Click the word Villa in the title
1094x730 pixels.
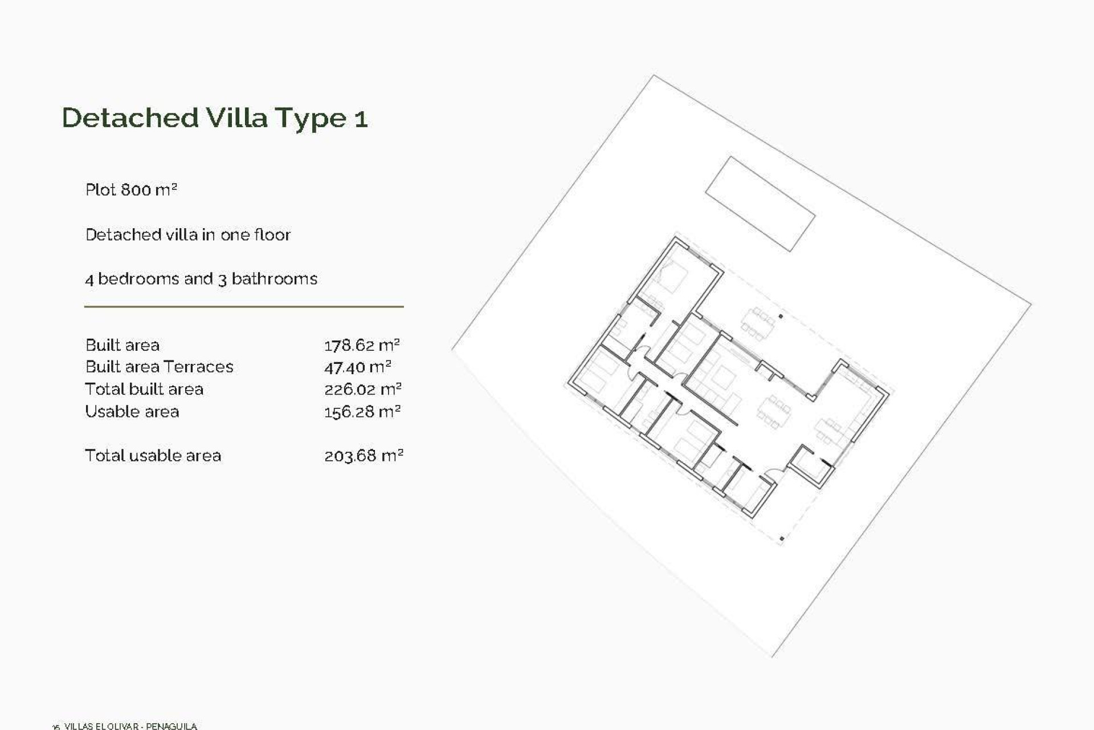click(x=236, y=118)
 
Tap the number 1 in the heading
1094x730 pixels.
click(x=361, y=119)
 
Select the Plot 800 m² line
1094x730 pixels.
click(x=131, y=190)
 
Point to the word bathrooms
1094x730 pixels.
click(x=274, y=279)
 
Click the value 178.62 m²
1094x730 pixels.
click(x=362, y=345)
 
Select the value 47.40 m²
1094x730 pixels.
click(x=357, y=367)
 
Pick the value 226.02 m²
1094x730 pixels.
click(x=363, y=390)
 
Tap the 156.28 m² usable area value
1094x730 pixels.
click(x=362, y=412)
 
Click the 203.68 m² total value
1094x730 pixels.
click(x=364, y=456)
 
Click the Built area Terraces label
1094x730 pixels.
click(x=159, y=367)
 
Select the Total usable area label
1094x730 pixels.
click(x=153, y=456)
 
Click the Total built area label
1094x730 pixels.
click(x=144, y=390)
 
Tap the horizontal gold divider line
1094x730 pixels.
click(x=244, y=307)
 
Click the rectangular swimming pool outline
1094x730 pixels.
click(x=760, y=204)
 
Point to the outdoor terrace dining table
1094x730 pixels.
click(x=758, y=324)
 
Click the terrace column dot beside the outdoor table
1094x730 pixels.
click(x=781, y=316)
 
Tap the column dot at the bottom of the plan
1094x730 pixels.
click(x=782, y=538)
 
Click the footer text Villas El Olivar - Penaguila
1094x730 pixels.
click(x=130, y=726)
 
